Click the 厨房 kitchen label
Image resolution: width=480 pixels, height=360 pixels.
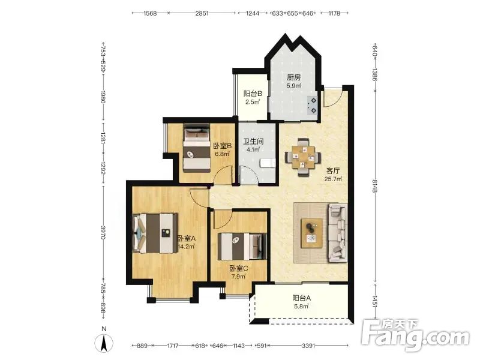[x=293, y=77]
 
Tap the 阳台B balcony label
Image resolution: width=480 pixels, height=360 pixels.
[x=253, y=94]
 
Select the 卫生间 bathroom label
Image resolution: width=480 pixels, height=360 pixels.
[x=253, y=142]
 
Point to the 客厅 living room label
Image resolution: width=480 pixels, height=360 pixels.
[x=333, y=170]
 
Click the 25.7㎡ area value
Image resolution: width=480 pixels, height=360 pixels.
[x=333, y=179]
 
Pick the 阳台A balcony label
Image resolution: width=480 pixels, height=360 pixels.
[x=302, y=298]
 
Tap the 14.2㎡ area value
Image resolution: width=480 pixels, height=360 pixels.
[x=187, y=246]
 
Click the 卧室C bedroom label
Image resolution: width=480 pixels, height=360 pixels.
[x=239, y=268]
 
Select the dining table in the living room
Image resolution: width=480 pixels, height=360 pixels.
[x=303, y=157]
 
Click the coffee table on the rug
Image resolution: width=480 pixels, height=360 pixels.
[x=311, y=233]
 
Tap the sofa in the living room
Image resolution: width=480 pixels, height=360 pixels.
[x=338, y=233]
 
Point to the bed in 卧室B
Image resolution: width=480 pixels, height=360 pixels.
[x=197, y=148]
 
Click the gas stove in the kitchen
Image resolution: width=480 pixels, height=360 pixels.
[x=313, y=106]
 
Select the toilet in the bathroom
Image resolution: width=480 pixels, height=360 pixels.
[x=267, y=163]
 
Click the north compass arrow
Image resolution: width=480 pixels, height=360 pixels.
[x=104, y=343]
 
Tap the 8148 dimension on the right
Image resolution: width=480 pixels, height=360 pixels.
[x=374, y=186]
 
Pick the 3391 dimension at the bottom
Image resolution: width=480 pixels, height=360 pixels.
[x=308, y=346]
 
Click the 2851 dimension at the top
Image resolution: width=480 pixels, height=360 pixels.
[x=202, y=13]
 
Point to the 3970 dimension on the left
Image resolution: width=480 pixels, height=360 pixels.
[x=103, y=233]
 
